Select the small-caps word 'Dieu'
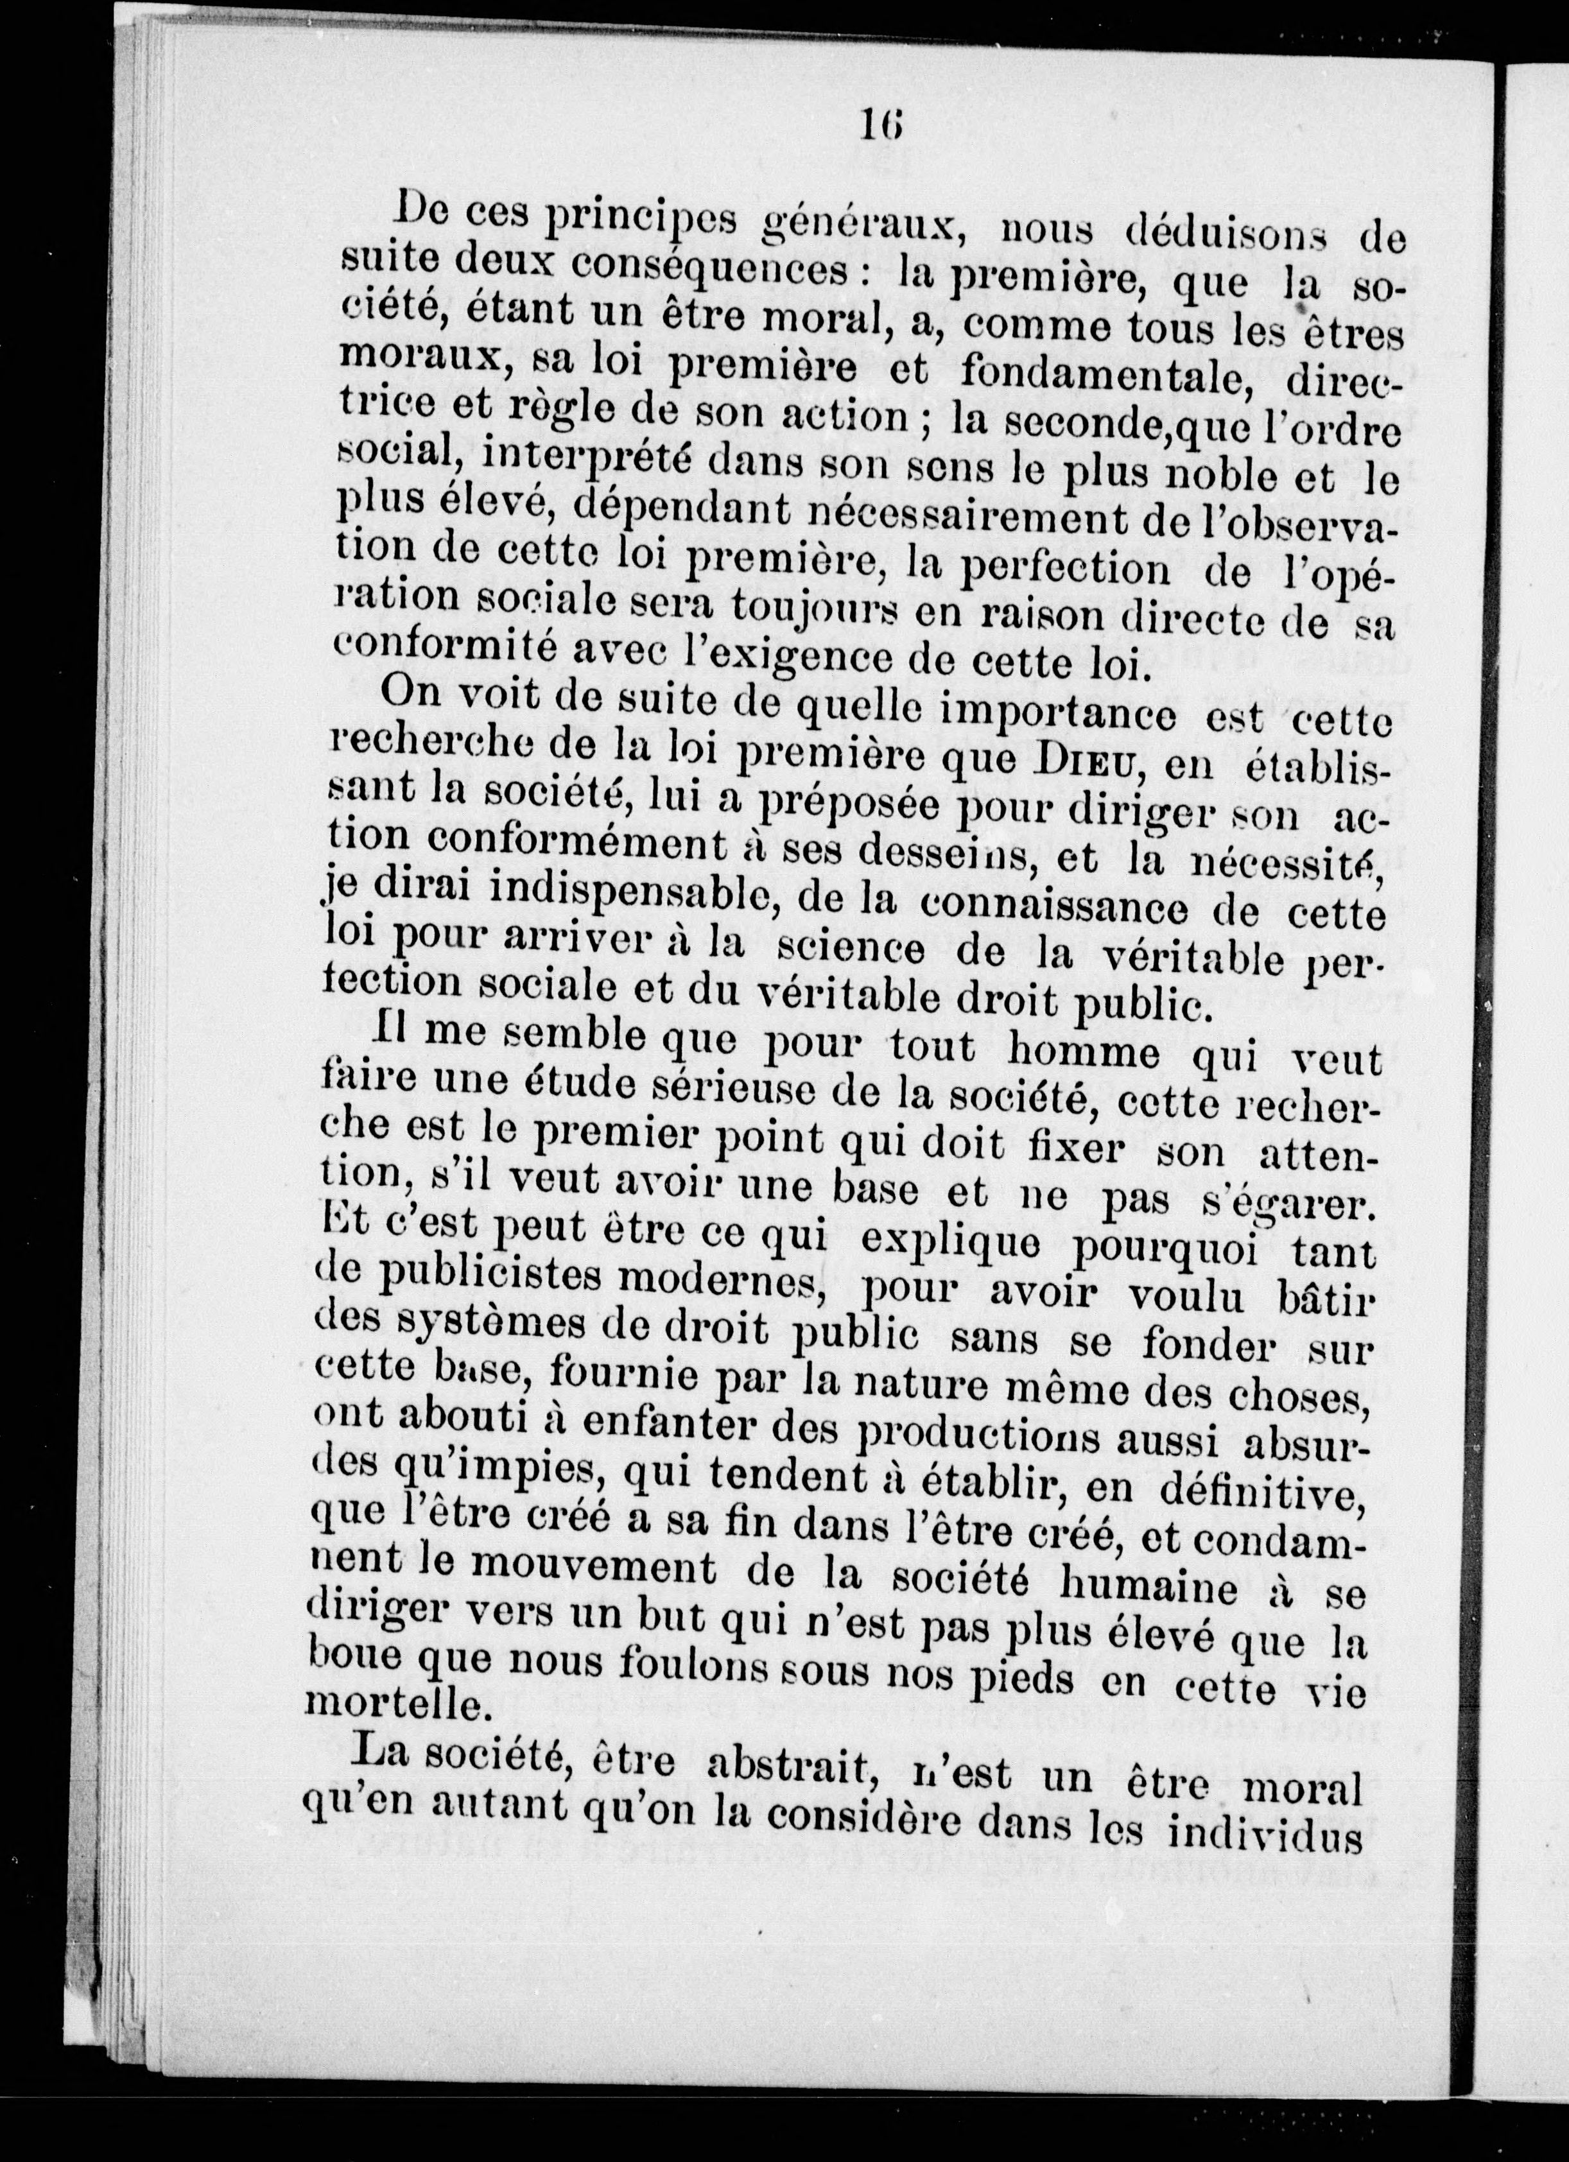coord(1088,765)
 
